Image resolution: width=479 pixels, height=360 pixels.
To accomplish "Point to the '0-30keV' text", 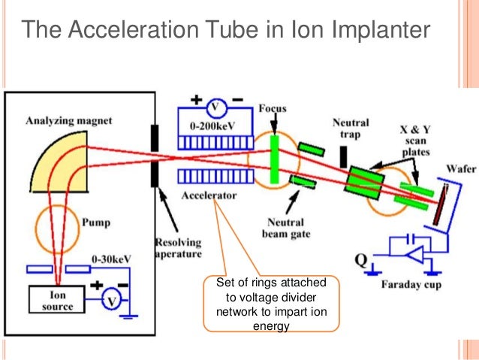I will [x=111, y=259].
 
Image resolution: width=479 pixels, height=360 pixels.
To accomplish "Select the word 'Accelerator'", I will [x=208, y=195].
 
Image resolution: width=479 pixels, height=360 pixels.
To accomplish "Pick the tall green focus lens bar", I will [x=275, y=161].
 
